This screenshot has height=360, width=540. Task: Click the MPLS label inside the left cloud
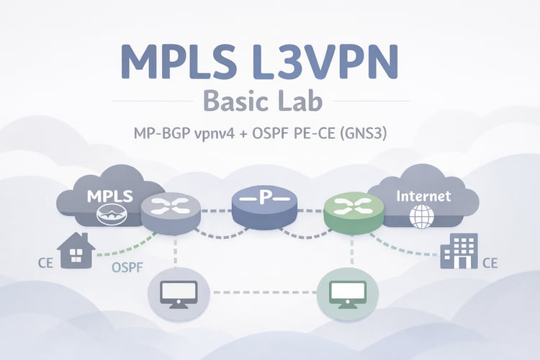tap(106, 196)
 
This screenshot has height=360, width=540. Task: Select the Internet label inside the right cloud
tap(424, 195)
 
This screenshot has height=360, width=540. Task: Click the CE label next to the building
tap(490, 264)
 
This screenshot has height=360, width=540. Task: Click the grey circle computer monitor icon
tap(178, 292)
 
